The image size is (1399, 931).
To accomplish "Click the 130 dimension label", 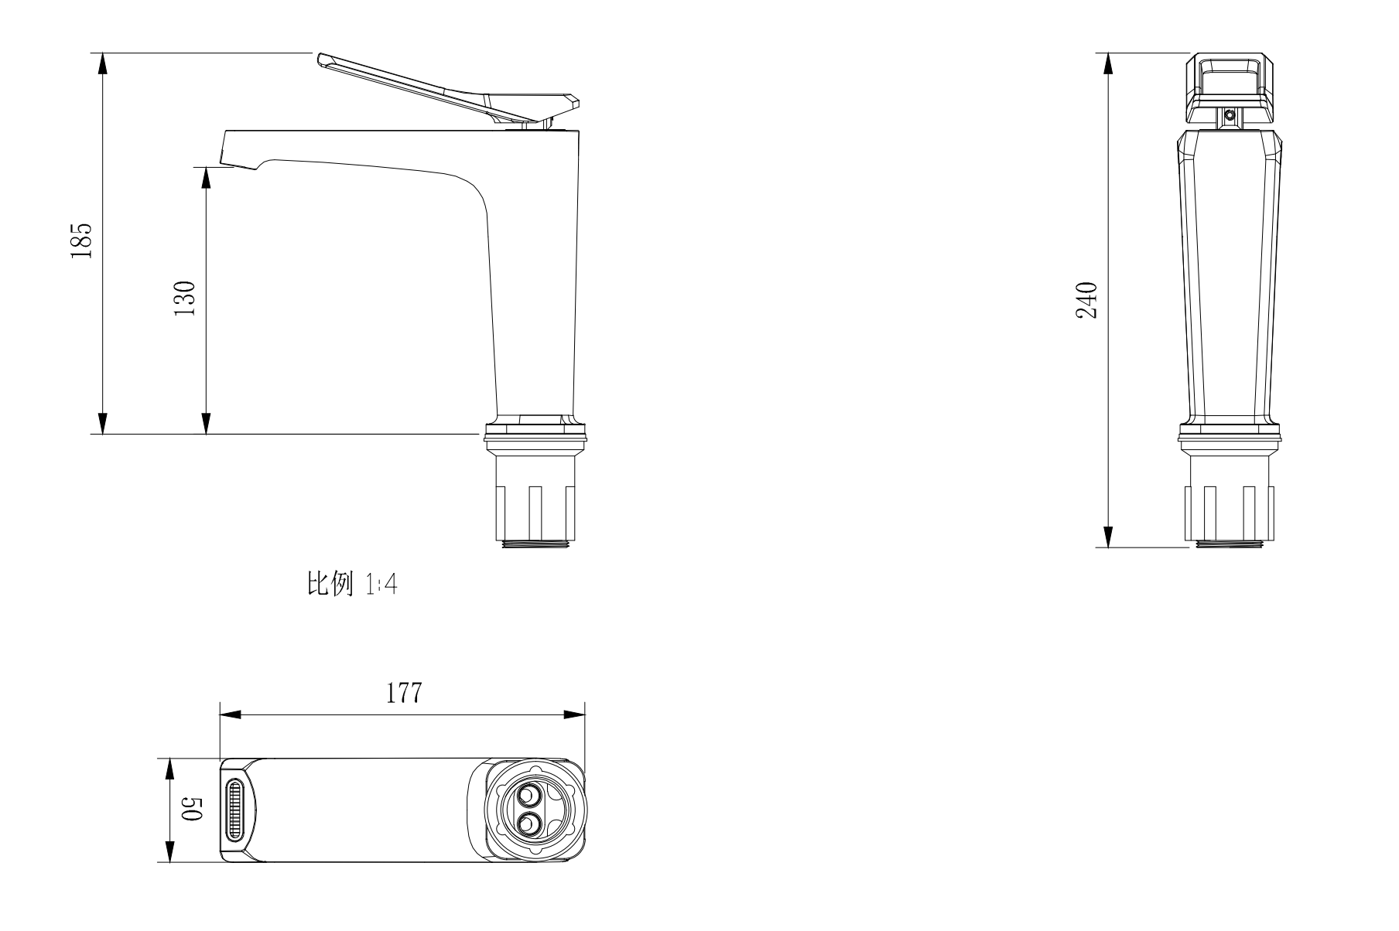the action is click(184, 298).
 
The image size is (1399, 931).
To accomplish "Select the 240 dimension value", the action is click(1087, 301).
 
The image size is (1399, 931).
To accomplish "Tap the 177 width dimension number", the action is click(404, 693).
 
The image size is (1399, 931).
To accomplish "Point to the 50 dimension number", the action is click(191, 811).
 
